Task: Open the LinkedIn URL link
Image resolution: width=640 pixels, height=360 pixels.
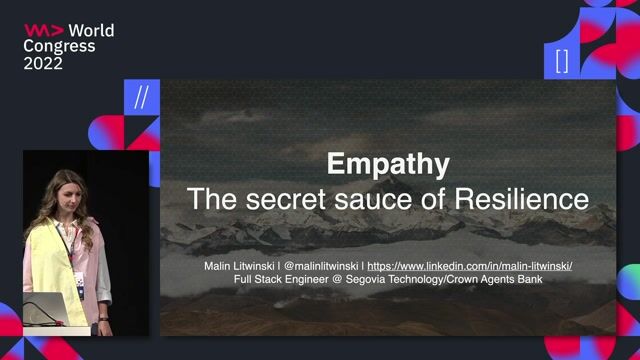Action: coord(469,266)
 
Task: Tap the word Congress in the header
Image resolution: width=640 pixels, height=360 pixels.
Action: coord(60,47)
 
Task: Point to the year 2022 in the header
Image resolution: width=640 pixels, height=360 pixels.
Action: coord(44,63)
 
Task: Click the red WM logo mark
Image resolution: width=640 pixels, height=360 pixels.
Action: coord(42,31)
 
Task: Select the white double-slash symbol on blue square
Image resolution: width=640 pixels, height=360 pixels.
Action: coord(141,99)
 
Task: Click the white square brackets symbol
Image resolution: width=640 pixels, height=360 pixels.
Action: coord(561,60)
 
